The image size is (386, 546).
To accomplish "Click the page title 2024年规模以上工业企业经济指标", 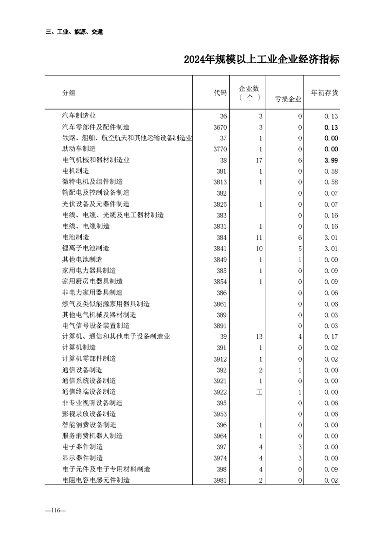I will point(261,60).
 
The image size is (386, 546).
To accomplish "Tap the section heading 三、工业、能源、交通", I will point(74,32).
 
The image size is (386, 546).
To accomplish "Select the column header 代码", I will point(220,93).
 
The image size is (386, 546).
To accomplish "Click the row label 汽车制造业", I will point(79,116).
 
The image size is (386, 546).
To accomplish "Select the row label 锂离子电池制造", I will point(86,248).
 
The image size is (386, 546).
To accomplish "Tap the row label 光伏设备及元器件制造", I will point(96,204).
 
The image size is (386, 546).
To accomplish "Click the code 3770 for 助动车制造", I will point(220,149).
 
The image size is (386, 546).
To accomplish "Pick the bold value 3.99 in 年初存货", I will point(331,160).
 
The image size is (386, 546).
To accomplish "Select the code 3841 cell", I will point(220,249).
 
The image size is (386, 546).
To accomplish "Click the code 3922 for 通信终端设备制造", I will point(220,392).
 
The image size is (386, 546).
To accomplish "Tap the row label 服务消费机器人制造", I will point(92,436).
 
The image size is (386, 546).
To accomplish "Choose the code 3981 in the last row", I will point(220,480).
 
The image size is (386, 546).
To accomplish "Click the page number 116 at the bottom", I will point(52,510).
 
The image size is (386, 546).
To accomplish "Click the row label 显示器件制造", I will point(82,458).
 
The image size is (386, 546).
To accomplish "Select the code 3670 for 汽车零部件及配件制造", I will point(220,127).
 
